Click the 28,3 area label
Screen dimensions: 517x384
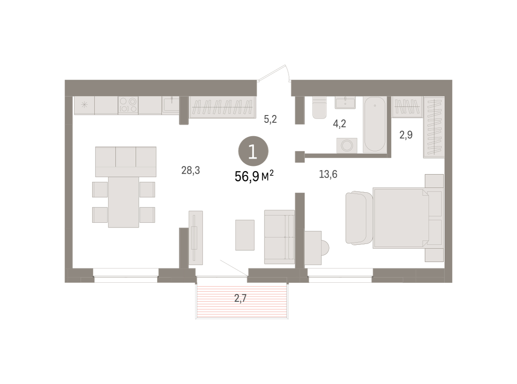point(190,170)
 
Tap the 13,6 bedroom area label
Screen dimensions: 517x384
point(328,174)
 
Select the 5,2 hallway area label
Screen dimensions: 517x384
point(270,119)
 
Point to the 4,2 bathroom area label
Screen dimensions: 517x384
point(339,124)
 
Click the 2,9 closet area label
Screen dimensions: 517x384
point(406,135)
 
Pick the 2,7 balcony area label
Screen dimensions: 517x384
point(240,298)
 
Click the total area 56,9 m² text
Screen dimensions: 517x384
point(254,176)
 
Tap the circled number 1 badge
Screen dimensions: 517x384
point(253,151)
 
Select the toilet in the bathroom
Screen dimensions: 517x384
point(319,107)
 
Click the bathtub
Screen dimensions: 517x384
point(374,125)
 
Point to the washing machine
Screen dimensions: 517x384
point(347,146)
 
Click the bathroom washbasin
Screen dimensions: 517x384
point(345,102)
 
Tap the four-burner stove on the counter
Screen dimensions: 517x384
point(128,106)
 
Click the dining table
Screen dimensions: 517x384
point(124,202)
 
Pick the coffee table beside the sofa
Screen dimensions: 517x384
point(245,235)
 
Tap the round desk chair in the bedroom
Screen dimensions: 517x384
point(325,248)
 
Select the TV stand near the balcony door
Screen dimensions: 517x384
point(196,238)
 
